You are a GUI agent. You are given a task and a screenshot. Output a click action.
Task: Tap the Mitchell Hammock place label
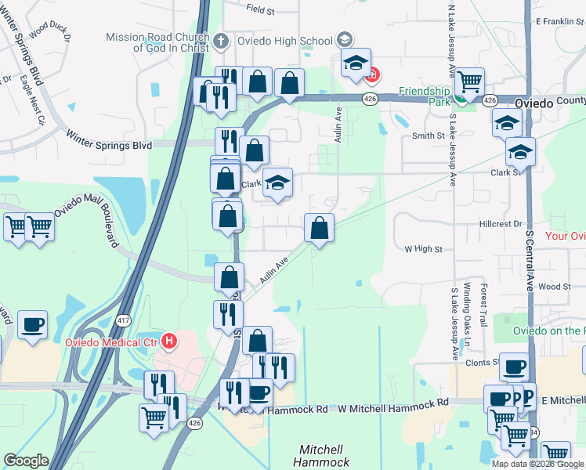324,456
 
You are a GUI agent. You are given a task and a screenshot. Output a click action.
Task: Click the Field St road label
260,10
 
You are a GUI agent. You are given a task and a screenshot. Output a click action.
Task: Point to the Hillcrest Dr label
500,224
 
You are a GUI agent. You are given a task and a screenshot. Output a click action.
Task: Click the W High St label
423,249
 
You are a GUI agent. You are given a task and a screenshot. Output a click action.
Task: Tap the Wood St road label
555,287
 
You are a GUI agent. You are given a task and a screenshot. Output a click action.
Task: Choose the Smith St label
429,136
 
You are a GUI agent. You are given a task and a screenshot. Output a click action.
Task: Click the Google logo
26,461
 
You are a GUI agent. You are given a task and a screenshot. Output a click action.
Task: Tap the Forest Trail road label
483,305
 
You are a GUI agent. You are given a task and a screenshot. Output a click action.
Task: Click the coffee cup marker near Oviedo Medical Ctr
32,325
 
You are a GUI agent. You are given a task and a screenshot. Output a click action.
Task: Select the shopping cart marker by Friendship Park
468,81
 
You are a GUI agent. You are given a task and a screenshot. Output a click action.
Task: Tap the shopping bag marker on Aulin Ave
319,229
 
